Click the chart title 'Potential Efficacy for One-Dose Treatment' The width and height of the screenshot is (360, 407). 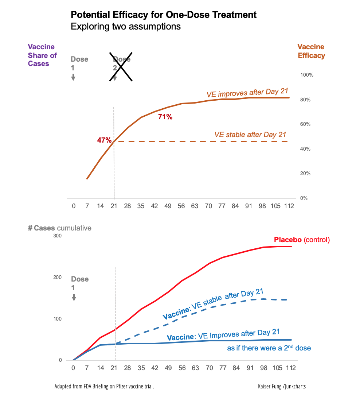coord(163,15)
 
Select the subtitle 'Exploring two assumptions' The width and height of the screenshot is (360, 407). coord(125,27)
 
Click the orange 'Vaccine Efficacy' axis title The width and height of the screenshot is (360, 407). coord(311,51)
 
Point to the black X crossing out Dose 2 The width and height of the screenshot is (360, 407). coord(121,66)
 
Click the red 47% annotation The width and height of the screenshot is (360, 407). coord(104,140)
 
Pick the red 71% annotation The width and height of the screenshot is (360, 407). coord(165,117)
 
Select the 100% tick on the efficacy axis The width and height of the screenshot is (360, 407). coord(306,75)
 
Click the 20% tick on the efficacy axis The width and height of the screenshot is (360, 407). coord(305,173)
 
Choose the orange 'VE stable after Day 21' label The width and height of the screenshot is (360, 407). coord(250,135)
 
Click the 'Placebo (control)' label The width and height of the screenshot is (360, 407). coord(302,240)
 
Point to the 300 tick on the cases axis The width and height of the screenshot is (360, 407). coord(58,236)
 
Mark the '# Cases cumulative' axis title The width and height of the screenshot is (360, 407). coord(60,228)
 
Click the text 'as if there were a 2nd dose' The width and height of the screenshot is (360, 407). coord(269,348)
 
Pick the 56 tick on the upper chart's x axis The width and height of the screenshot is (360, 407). coord(181,206)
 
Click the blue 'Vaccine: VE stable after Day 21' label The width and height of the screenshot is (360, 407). coord(213,304)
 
